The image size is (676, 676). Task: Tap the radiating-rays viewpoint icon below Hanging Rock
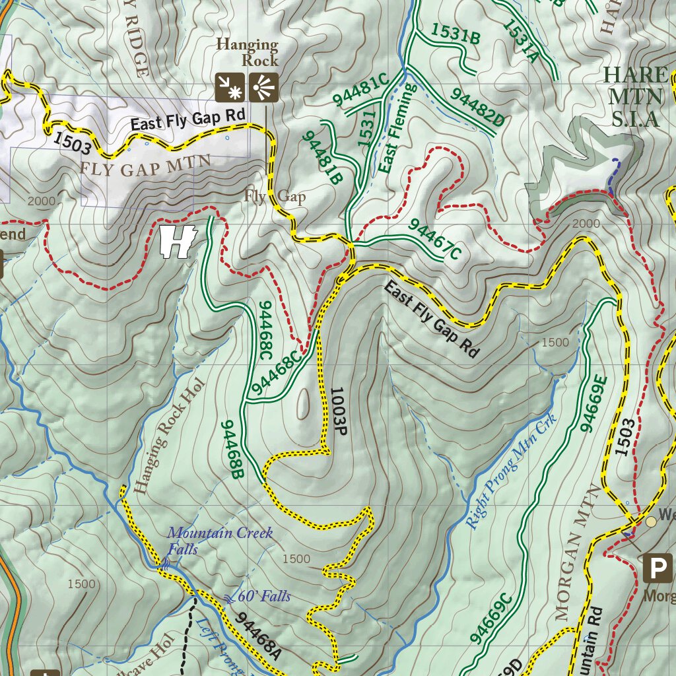[x=263, y=87]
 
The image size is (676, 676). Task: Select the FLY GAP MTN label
[x=145, y=164]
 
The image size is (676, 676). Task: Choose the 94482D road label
[x=477, y=107]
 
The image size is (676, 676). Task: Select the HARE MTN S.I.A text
[x=634, y=96]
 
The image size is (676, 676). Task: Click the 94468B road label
[x=233, y=449]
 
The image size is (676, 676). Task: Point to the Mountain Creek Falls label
[x=219, y=540]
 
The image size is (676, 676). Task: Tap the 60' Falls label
[x=262, y=596]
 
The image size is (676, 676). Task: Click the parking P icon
[x=658, y=568]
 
